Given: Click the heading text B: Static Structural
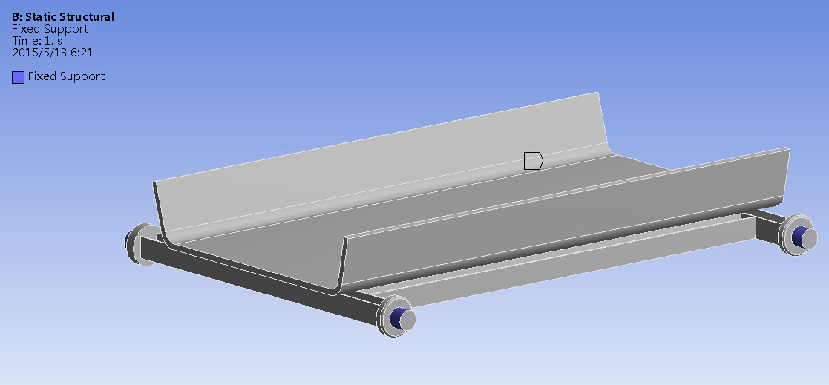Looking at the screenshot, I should coord(63,16).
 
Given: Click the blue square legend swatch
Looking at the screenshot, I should coord(18,77).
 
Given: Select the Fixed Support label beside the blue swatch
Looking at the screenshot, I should coord(66,76).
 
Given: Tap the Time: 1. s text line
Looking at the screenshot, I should coord(36,41).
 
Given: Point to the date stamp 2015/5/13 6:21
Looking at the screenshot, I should coord(52,53).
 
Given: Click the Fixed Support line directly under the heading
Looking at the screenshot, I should coord(50,29).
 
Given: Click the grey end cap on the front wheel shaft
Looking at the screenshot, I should coord(407,320).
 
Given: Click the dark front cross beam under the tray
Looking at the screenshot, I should coord(252,278).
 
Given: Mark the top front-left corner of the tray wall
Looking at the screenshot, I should coord(154,183).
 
